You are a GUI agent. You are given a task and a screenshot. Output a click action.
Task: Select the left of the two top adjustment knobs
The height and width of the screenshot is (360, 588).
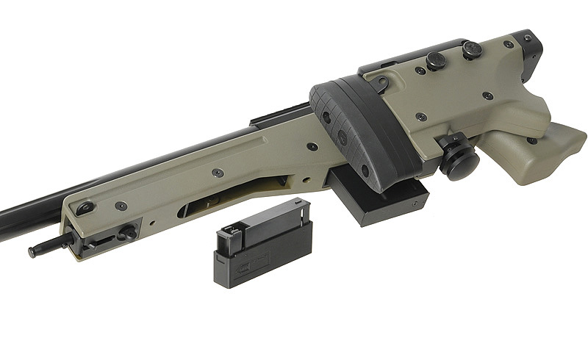coord(436,60)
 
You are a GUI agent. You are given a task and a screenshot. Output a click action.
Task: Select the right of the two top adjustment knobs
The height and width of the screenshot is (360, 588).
coord(471,50)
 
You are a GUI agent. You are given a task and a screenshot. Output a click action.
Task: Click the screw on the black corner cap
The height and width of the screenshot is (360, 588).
coord(527,38)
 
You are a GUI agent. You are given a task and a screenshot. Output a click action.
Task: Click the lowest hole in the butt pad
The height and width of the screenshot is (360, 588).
coord(365,170)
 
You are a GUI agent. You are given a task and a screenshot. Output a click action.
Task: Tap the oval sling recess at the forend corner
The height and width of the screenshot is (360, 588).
coord(85,208)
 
